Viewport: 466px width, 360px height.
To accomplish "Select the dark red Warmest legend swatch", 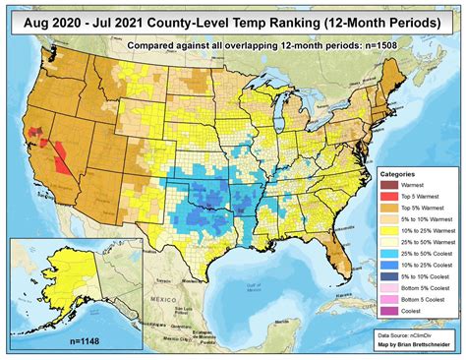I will [x=386, y=186].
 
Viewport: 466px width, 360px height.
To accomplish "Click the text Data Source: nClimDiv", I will [x=413, y=335].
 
